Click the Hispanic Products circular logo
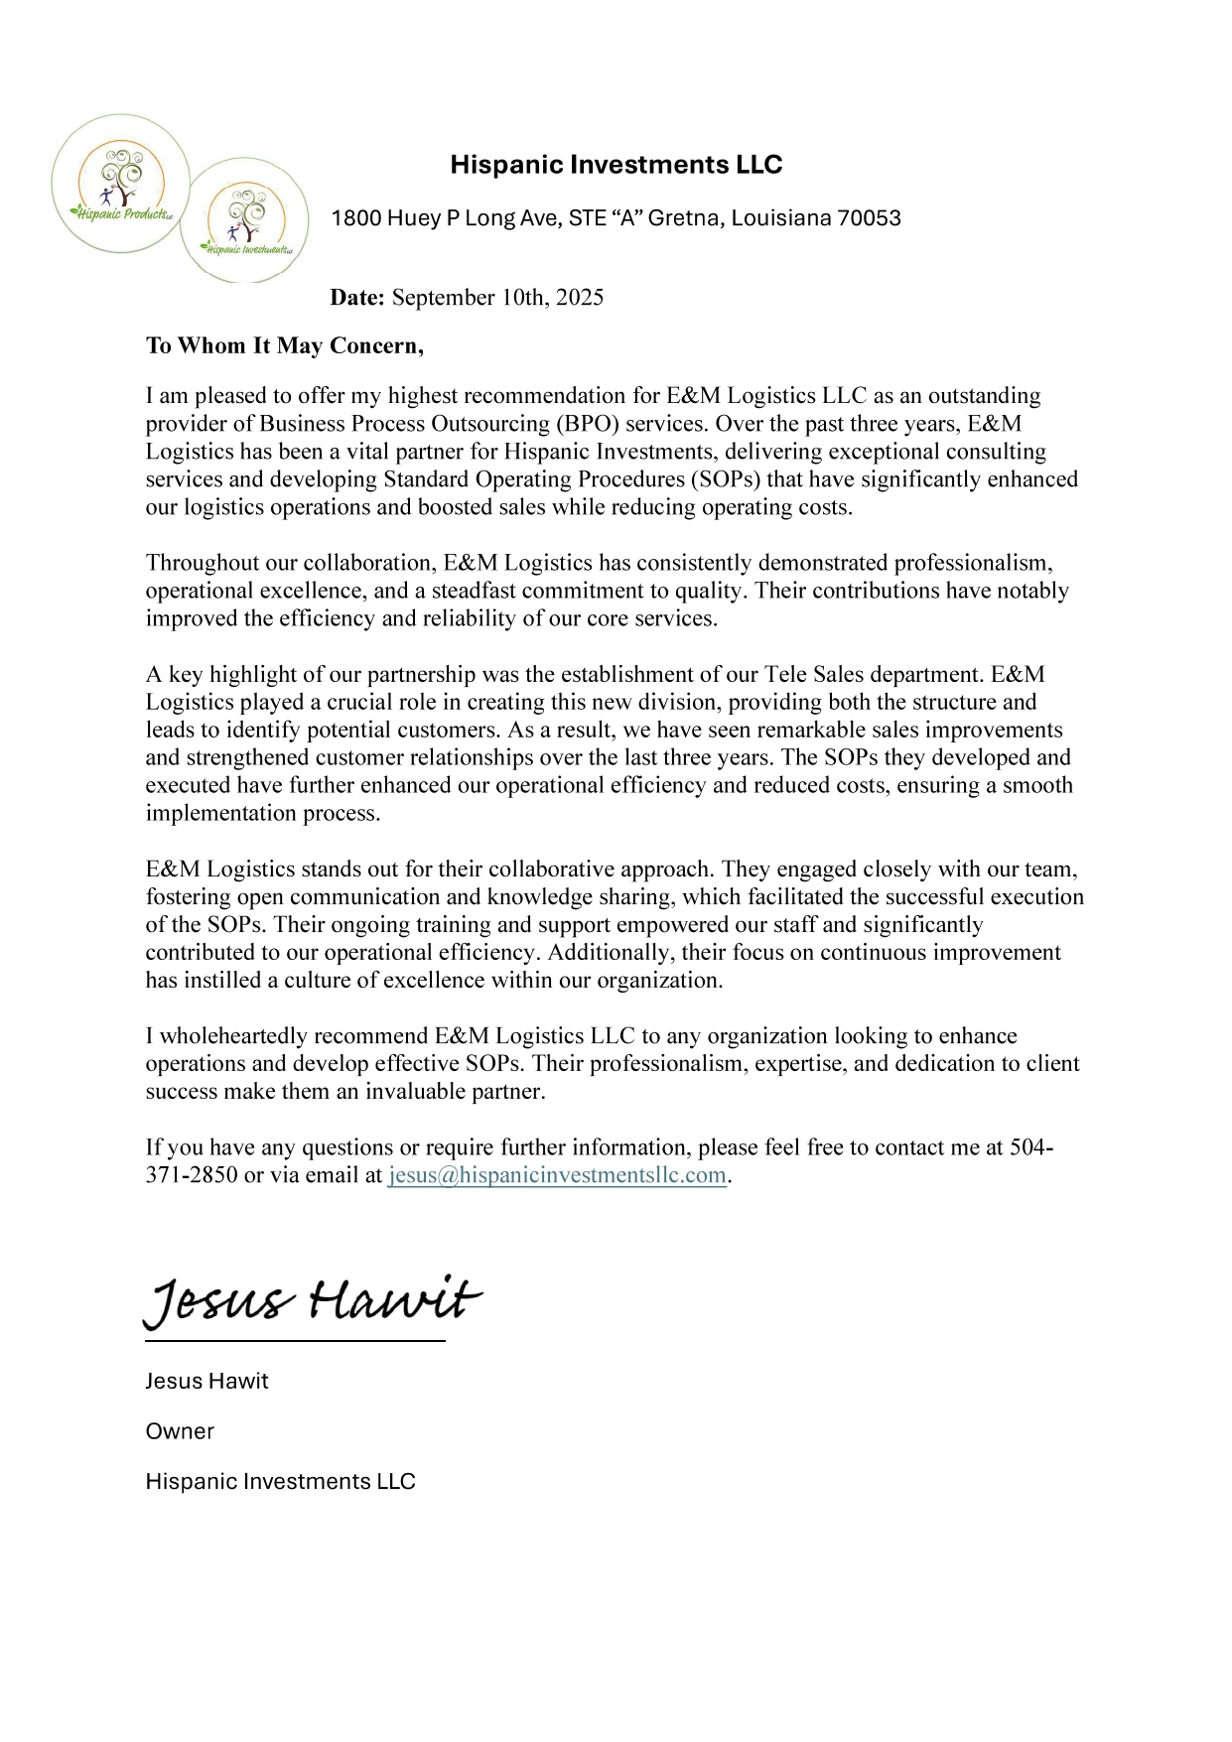pyautogui.click(x=120, y=184)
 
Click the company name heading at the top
pyautogui.click(x=616, y=165)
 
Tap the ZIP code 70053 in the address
pyautogui.click(x=869, y=218)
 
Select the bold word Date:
pyautogui.click(x=357, y=298)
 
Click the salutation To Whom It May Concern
pyautogui.click(x=284, y=346)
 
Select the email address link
pyautogui.click(x=557, y=1176)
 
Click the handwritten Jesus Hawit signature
pyautogui.click(x=313, y=1301)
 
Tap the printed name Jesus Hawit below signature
pyautogui.click(x=206, y=1382)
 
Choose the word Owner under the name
pyautogui.click(x=180, y=1431)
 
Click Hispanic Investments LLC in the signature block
pyautogui.click(x=280, y=1482)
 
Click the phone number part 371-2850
pyautogui.click(x=192, y=1176)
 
